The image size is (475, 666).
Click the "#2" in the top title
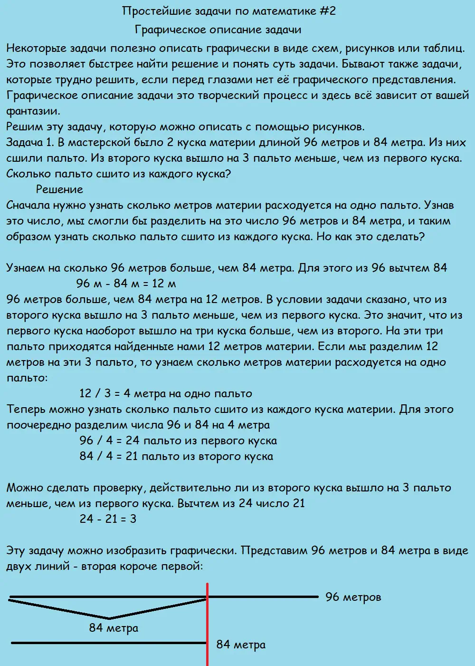pyautogui.click(x=327, y=11)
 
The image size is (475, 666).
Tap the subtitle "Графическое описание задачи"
pyautogui.click(x=218, y=29)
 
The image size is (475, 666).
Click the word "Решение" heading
pyautogui.click(x=59, y=189)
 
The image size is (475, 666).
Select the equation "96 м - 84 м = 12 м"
pyautogui.click(x=126, y=284)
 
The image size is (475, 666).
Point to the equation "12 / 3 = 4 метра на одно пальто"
pyautogui.click(x=166, y=393)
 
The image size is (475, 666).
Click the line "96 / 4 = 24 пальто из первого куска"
pyautogui.click(x=178, y=441)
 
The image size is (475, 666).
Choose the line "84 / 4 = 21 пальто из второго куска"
pyautogui.click(x=176, y=456)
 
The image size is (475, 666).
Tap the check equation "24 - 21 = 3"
pyautogui.click(x=108, y=519)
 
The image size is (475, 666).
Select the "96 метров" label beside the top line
pyautogui.click(x=353, y=597)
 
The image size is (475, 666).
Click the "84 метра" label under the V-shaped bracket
pyautogui.click(x=114, y=628)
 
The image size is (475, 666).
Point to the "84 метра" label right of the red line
pyautogui.click(x=241, y=645)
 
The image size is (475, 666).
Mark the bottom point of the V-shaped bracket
pyautogui.click(x=109, y=618)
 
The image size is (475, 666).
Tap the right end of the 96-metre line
pyautogui.click(x=317, y=597)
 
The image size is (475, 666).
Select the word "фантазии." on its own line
pyautogui.click(x=33, y=111)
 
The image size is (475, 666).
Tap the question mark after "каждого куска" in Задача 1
pyautogui.click(x=228, y=174)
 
